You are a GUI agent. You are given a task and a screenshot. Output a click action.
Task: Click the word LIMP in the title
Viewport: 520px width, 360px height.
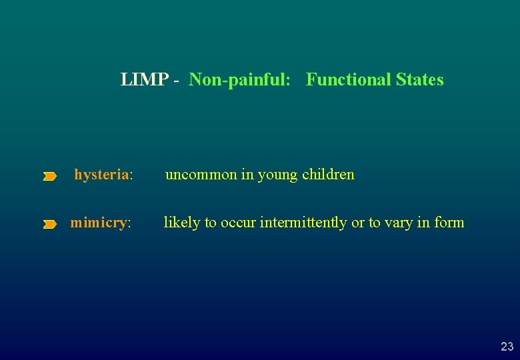point(144,80)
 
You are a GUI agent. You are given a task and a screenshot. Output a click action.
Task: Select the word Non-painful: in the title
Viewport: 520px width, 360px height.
point(240,80)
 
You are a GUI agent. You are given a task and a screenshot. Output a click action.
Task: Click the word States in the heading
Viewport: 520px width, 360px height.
point(419,80)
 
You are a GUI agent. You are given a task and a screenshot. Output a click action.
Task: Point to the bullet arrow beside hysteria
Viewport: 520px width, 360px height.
point(50,177)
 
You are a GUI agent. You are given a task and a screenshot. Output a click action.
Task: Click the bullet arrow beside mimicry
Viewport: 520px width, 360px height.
point(50,225)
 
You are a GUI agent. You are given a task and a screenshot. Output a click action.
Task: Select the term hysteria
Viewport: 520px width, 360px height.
point(102,175)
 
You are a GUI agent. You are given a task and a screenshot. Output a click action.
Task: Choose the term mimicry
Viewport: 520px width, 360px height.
point(99,223)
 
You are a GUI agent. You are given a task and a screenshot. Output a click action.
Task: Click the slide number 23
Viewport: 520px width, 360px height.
point(507,347)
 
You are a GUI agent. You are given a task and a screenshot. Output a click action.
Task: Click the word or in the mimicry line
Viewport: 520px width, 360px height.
point(357,223)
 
